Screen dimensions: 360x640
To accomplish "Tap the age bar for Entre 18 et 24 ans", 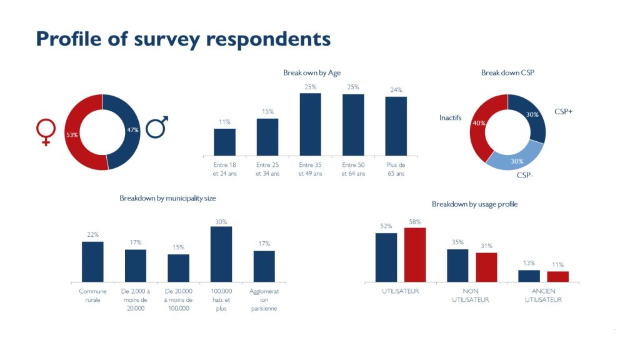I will tap(224, 142).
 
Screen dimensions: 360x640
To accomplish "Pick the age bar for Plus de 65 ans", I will tap(396, 126).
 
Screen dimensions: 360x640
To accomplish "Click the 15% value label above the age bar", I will tap(267, 112).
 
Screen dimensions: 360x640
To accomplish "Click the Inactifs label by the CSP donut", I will tap(450, 117).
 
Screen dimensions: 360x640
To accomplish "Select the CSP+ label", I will tap(563, 111).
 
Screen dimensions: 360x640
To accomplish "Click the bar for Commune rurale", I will tap(92, 261).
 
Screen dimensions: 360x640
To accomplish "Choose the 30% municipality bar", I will tap(221, 254).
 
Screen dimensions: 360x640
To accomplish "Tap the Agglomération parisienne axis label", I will tap(264, 300).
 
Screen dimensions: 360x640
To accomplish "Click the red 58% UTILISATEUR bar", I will tap(414, 255).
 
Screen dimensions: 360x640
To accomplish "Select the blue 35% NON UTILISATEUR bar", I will tap(457, 266).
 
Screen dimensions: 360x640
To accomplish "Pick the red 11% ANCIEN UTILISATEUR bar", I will tap(557, 276).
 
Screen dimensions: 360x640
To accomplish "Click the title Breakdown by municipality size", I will tap(167, 198).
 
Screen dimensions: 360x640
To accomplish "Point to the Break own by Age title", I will tap(311, 73).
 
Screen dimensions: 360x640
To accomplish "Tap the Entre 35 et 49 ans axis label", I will tap(310, 169).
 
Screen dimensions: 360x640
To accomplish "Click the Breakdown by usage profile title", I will tap(474, 204).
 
